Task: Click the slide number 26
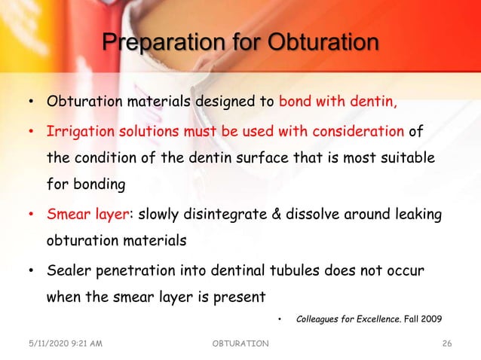pos(446,344)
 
